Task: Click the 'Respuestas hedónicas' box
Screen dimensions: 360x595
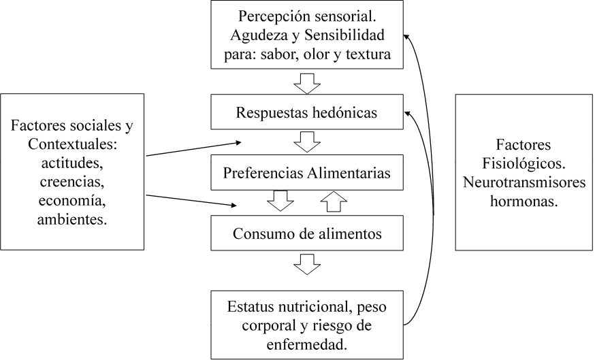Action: tap(306, 112)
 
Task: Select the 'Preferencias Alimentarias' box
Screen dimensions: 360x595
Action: tap(306, 173)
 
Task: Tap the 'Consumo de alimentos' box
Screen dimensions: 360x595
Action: tap(306, 233)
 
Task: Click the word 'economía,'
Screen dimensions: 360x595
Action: tap(72, 201)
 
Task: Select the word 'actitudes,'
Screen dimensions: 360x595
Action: tap(72, 164)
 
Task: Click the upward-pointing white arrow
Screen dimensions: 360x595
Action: tap(333, 201)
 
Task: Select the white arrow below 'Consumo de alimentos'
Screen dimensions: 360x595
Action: tap(307, 263)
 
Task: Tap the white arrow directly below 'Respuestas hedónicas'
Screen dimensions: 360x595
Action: tap(307, 142)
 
